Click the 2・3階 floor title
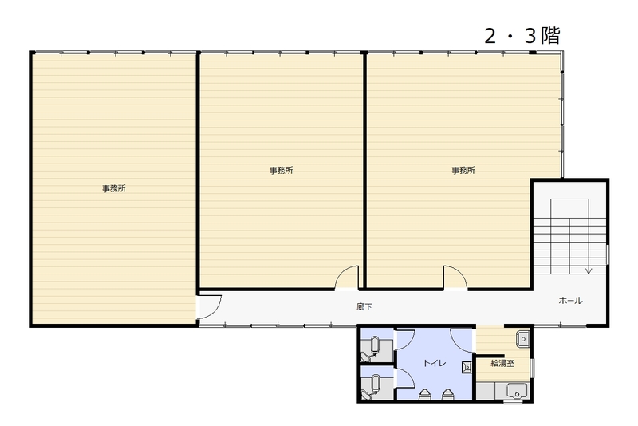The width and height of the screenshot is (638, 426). click(522, 35)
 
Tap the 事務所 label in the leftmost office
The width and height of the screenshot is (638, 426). click(114, 188)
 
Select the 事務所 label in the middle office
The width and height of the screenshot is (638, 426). click(282, 171)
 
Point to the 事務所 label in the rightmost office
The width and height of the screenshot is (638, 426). click(463, 171)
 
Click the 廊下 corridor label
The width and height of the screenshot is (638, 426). click(364, 307)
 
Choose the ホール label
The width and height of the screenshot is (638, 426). click(570, 301)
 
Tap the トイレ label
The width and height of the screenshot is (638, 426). click(435, 363)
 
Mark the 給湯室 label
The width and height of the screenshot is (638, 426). click(502, 363)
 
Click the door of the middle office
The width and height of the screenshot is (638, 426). click(347, 278)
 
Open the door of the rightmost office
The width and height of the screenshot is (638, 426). click(455, 278)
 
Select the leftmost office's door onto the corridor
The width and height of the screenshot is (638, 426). click(209, 307)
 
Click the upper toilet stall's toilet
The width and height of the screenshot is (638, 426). click(373, 349)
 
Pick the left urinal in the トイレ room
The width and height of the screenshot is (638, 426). click(424, 393)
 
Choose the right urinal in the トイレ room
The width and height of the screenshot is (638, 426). click(447, 393)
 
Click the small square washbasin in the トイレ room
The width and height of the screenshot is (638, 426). click(467, 368)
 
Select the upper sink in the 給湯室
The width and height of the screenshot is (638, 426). click(523, 339)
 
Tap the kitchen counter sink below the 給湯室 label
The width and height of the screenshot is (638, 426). click(517, 391)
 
